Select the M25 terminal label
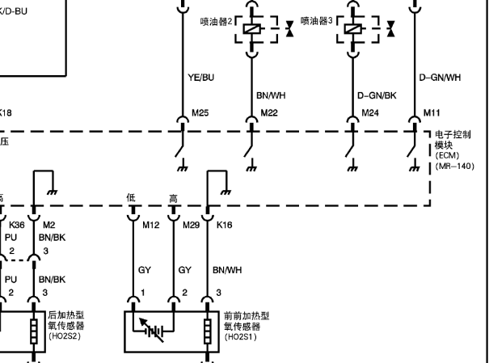click(200, 112)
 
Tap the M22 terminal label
click(269, 112)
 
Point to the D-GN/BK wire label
click(377, 95)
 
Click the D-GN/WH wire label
click(441, 78)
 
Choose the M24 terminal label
click(370, 112)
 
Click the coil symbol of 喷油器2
click(255, 29)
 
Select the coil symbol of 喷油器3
click(353, 29)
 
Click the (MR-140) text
click(449, 166)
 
